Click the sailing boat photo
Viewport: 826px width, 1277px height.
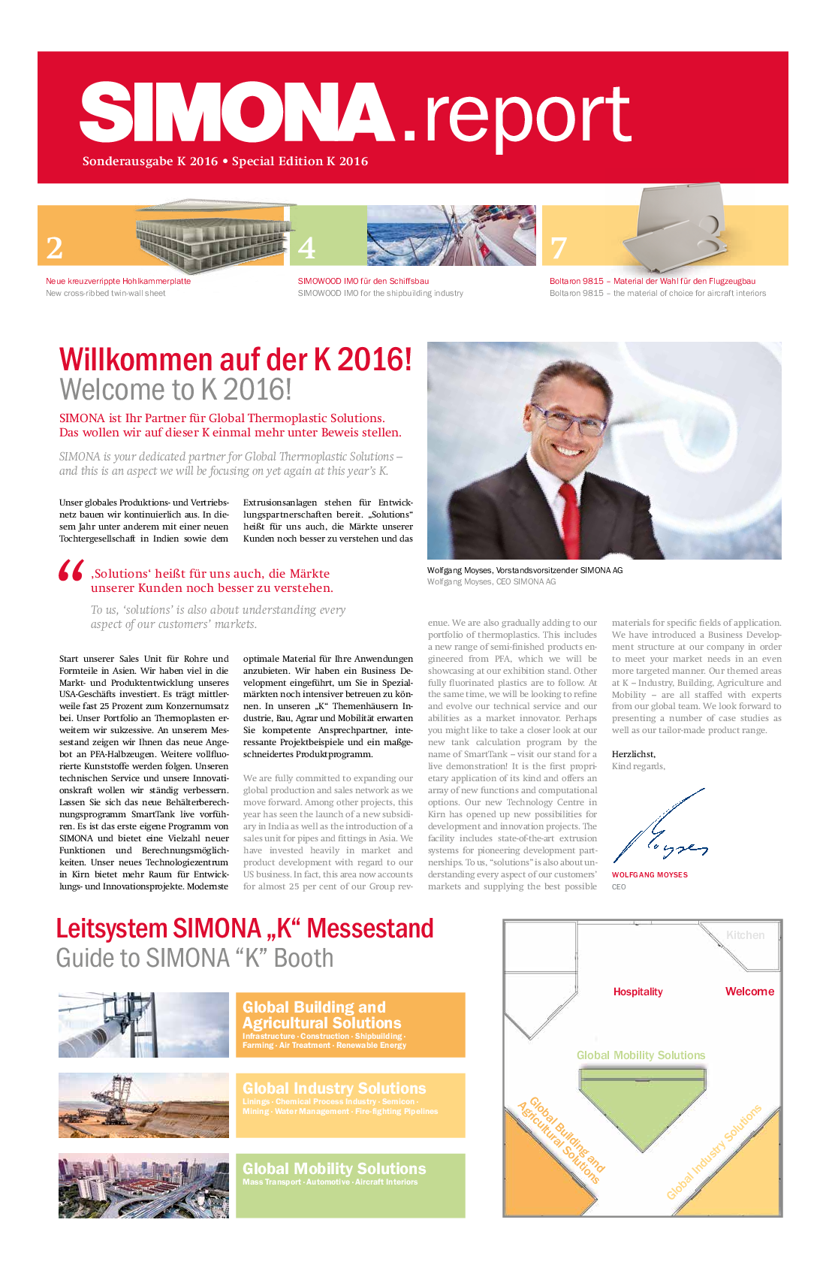[451, 235]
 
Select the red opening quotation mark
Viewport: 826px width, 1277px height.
[71, 572]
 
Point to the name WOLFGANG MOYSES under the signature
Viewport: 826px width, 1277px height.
[650, 875]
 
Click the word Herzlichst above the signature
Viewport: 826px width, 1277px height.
[633, 754]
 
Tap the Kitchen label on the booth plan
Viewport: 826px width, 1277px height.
[745, 935]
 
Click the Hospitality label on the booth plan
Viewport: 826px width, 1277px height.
[638, 992]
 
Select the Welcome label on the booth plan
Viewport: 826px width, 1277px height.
[749, 992]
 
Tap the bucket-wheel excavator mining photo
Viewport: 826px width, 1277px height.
[143, 1105]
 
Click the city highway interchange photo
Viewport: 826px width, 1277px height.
[143, 1185]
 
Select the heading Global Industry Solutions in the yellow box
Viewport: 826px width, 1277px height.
[334, 1088]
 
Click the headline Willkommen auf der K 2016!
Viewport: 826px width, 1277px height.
[236, 360]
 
